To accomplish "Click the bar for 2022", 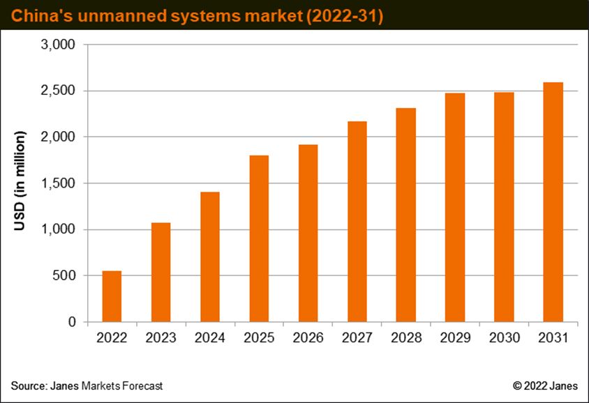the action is coord(112,296).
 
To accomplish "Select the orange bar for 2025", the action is coord(259,238).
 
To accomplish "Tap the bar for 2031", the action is coord(553,202).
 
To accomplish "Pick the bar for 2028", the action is coord(406,215).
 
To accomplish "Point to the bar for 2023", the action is coord(161,272).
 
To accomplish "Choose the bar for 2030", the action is coord(504,207).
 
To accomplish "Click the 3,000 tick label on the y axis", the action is coord(58,45).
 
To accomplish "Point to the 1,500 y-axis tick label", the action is coord(58,183).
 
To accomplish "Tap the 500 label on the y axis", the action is coord(64,275).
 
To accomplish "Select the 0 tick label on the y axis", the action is coord(72,322).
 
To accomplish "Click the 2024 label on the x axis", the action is coord(209,337).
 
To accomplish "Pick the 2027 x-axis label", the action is coord(357,337).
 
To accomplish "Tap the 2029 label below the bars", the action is coord(455,337).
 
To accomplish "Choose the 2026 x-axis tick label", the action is coord(308,337).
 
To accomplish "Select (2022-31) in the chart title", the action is coord(345,17).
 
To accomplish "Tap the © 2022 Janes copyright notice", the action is coord(545,386).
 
